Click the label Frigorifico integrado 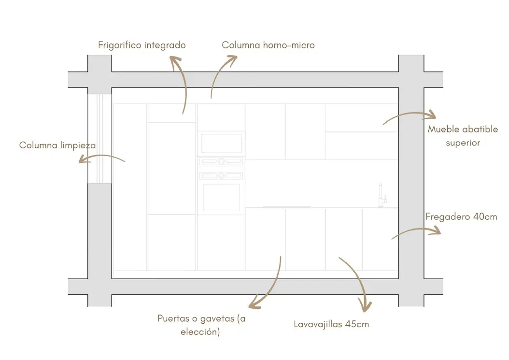[x=142, y=45]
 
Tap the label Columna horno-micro [x=268, y=45]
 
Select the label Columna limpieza [x=57, y=145]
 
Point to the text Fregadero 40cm [x=461, y=216]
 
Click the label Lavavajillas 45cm [x=331, y=324]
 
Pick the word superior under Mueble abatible [x=463, y=143]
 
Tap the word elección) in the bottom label [x=200, y=332]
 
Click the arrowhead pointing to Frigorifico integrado [x=175, y=60]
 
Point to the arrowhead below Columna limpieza [x=83, y=159]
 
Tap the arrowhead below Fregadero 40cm [x=436, y=230]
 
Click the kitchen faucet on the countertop [x=382, y=195]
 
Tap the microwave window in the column [x=221, y=144]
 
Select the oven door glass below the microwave [x=221, y=198]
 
